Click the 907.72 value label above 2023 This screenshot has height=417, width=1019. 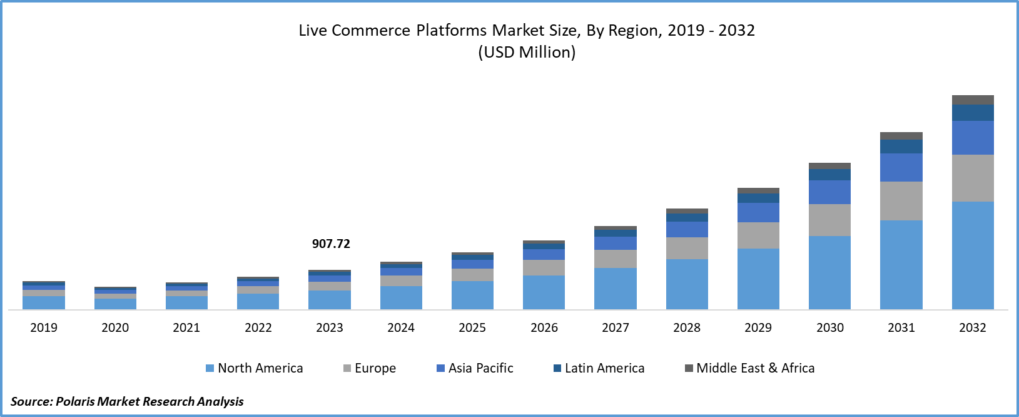point(331,244)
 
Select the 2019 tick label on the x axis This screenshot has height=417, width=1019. point(44,327)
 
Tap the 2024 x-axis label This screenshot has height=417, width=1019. point(401,327)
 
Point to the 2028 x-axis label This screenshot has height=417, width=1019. point(687,327)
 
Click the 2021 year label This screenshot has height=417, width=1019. point(186,327)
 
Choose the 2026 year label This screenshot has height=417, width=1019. point(544,327)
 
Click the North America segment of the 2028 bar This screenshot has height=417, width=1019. point(687,284)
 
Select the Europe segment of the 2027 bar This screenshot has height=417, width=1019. point(616,259)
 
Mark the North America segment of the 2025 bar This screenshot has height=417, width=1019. point(472,295)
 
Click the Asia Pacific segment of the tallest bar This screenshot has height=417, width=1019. point(973,138)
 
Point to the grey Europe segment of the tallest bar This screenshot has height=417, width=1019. point(973,178)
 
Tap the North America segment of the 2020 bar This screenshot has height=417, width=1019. point(115,304)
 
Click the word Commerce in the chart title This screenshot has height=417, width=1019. point(371,31)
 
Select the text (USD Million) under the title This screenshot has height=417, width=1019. point(527,52)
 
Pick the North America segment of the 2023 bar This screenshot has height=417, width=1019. point(330,299)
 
